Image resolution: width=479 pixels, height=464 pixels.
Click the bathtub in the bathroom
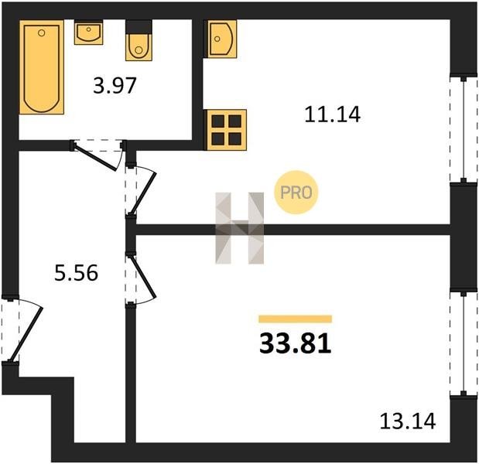[x=42, y=67]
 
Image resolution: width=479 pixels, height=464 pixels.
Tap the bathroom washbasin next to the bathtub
[x=88, y=32]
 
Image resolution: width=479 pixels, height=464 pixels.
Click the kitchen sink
[x=222, y=39]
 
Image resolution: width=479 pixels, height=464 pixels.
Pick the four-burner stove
[x=227, y=130]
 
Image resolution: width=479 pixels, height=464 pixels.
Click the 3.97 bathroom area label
[x=115, y=86]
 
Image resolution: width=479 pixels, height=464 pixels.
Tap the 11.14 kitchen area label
[x=333, y=114]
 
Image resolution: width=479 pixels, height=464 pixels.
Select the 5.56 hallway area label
[x=76, y=272]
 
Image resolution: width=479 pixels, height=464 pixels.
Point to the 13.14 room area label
[x=408, y=421]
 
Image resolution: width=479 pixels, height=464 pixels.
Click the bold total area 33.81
[x=296, y=343]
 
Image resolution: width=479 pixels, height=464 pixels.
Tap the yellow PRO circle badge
[x=296, y=193]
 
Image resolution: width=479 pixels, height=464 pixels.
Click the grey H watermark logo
[x=240, y=228]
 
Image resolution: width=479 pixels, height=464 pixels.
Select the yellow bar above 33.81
[x=296, y=319]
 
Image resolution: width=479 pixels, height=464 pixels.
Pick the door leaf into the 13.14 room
[x=143, y=277]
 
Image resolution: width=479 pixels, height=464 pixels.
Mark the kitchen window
[x=464, y=130]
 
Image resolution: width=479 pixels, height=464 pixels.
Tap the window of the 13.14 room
[x=464, y=343]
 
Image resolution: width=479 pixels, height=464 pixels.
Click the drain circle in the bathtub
[x=42, y=32]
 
